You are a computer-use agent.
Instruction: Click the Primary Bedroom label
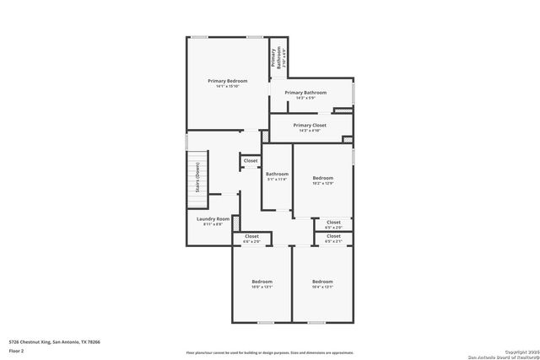click(x=227, y=81)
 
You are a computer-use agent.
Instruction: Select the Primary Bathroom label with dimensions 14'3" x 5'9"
click(x=305, y=93)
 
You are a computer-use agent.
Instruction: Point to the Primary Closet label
click(x=309, y=126)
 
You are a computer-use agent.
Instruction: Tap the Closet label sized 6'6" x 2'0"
click(x=251, y=237)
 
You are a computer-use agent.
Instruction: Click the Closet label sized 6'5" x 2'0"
click(x=333, y=223)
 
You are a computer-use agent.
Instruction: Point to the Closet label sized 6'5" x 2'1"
click(x=333, y=237)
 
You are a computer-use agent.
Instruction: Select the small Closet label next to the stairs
click(x=251, y=160)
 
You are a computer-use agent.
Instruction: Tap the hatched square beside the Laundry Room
click(x=235, y=223)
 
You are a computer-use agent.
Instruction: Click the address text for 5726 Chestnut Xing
click(x=54, y=341)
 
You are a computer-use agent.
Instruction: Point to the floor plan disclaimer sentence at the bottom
click(x=270, y=352)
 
